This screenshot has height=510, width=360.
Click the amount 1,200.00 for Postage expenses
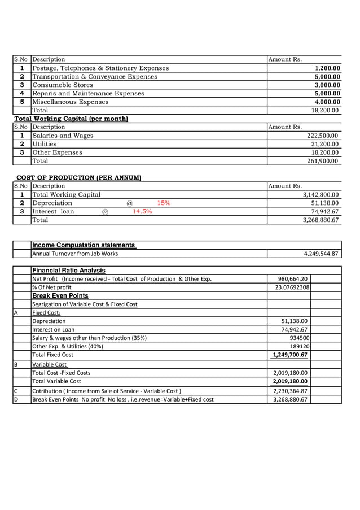[327, 68]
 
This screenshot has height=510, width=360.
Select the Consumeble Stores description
[63, 85]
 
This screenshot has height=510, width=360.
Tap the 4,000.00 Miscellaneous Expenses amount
[327, 102]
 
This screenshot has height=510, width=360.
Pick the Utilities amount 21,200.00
[324, 145]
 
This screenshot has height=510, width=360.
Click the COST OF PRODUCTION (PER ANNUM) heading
[78, 178]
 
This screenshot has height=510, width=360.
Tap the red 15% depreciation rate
[164, 203]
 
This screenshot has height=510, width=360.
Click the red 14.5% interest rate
[142, 212]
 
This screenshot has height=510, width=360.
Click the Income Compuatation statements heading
[84, 245]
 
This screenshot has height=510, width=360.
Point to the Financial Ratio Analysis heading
[68, 271]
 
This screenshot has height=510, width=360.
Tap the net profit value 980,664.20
[293, 279]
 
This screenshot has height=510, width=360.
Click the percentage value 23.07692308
[289, 287]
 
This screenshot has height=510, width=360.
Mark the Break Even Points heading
[60, 295]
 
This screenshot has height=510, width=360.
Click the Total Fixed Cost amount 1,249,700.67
[290, 355]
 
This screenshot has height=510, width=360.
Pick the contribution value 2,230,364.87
[290, 391]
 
